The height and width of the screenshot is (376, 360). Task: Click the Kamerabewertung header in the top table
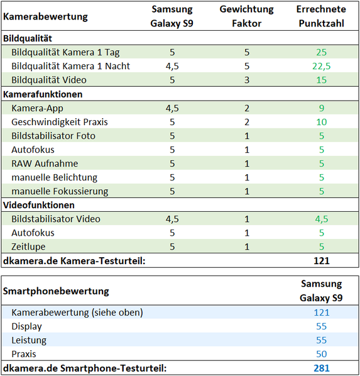45,16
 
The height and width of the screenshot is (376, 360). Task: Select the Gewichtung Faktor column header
247,16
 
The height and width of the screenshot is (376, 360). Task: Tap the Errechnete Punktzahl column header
321,16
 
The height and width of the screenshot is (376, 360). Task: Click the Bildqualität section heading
28,38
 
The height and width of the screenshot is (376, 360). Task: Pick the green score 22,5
321,66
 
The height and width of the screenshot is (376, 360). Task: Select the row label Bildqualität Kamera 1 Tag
65,52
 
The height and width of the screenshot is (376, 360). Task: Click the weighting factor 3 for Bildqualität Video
247,80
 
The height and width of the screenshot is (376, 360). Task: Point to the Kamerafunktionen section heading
43,94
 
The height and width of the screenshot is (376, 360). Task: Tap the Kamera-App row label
37,108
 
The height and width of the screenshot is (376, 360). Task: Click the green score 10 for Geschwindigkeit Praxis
322,122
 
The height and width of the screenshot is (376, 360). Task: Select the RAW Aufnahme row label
45,163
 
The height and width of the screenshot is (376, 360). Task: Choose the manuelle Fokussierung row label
60,191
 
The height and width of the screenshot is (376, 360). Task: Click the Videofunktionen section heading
39,205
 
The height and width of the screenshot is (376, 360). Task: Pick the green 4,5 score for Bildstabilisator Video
322,219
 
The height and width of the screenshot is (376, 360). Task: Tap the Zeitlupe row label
28,246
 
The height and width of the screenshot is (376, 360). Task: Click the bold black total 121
322,261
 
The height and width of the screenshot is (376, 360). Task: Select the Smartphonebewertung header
56,291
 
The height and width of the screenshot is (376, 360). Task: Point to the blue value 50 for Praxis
322,354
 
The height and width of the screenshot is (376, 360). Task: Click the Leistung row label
29,340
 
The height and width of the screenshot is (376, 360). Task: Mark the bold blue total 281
322,368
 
